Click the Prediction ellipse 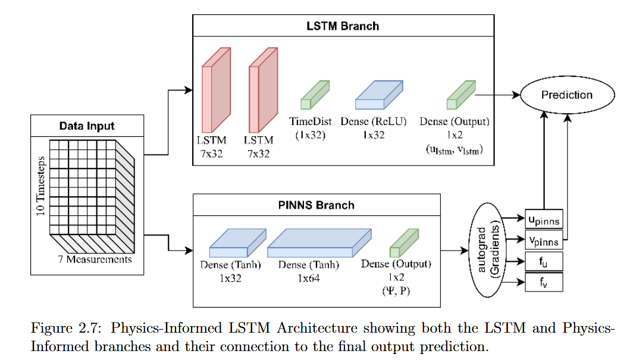pyautogui.click(x=566, y=95)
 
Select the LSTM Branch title pyautogui.click(x=343, y=26)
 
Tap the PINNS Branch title pyautogui.click(x=316, y=205)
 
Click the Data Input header pyautogui.click(x=87, y=126)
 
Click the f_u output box pyautogui.click(x=543, y=261)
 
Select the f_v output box pyautogui.click(x=543, y=281)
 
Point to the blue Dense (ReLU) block pyautogui.click(x=378, y=96)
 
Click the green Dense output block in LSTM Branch pyautogui.click(x=461, y=95)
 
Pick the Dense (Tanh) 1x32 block pyautogui.click(x=236, y=244)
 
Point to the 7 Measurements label pyautogui.click(x=95, y=259)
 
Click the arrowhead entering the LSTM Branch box pyautogui.click(x=189, y=90)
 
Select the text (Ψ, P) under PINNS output pyautogui.click(x=396, y=291)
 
